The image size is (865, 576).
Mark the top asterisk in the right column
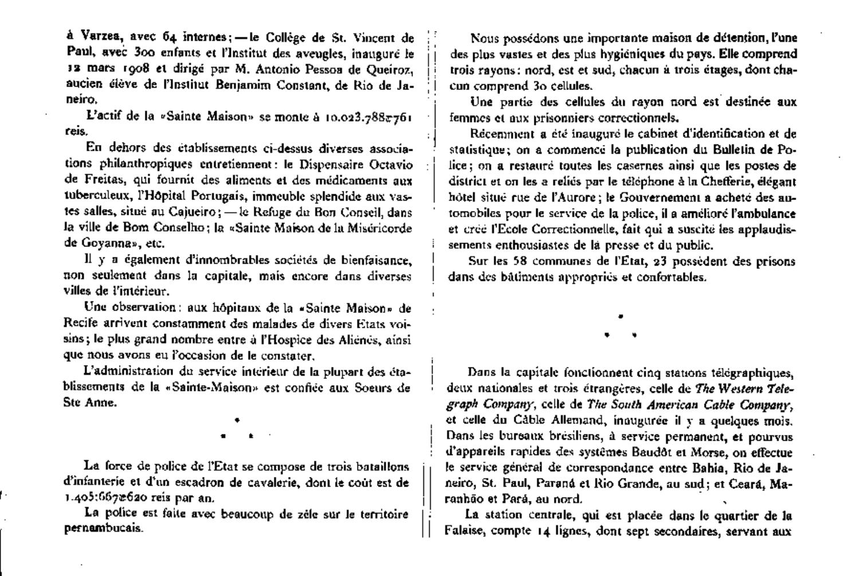pyautogui.click(x=620, y=316)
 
